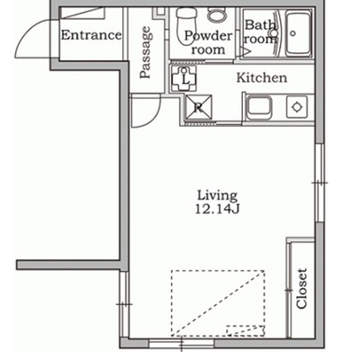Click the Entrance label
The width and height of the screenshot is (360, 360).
click(92, 35)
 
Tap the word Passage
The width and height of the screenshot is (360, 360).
click(146, 53)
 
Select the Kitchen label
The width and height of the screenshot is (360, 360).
click(262, 77)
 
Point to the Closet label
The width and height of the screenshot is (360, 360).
click(301, 288)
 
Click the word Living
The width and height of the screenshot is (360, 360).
click(218, 196)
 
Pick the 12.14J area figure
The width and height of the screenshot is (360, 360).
click(217, 209)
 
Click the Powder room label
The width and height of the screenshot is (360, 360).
click(209, 42)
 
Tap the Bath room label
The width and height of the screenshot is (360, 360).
click(260, 31)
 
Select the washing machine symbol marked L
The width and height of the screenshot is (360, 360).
click(184, 79)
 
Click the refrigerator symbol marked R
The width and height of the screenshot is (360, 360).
click(199, 107)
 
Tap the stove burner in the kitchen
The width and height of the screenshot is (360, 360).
click(297, 107)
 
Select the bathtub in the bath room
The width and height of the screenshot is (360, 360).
click(298, 33)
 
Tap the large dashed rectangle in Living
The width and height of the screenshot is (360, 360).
click(218, 303)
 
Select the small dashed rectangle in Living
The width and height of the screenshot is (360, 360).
click(246, 330)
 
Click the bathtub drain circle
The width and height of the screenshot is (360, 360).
click(293, 33)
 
